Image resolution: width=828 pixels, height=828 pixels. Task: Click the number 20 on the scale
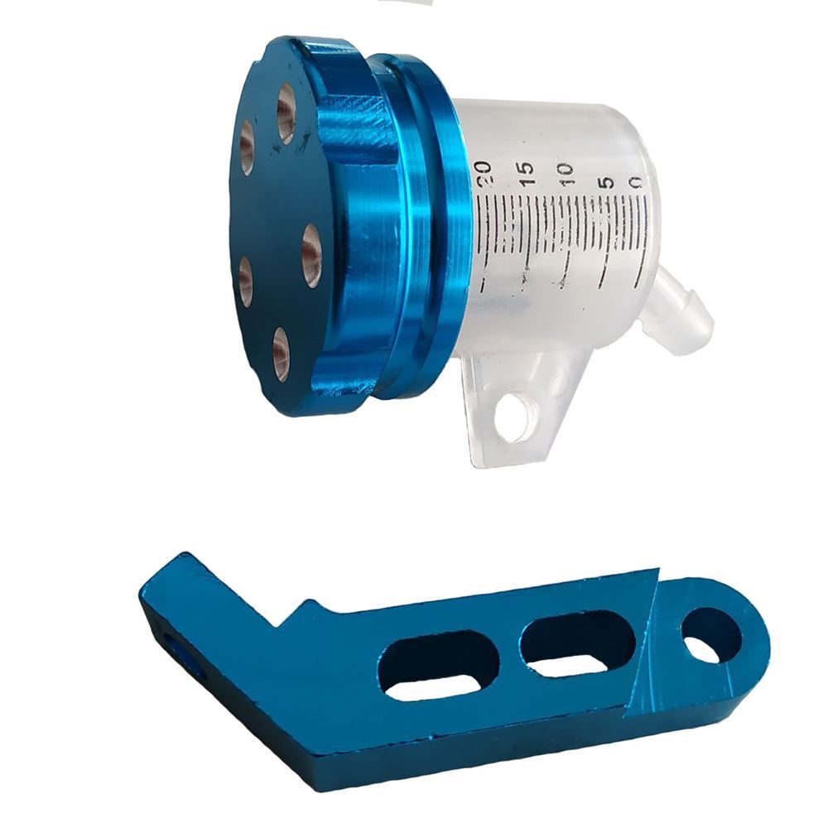coord(484,174)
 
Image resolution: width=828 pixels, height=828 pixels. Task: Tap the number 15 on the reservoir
coord(526,174)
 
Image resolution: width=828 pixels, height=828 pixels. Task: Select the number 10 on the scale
coord(565,174)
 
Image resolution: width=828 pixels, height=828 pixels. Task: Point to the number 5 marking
coord(607,182)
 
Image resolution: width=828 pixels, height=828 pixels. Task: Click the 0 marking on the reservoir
coord(636,182)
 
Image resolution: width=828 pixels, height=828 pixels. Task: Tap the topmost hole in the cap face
coord(286,113)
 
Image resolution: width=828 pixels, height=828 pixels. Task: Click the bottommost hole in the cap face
coord(282,354)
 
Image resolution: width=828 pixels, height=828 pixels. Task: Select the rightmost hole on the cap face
coord(311,256)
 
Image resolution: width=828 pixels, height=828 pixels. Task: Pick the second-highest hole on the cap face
coord(248,147)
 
